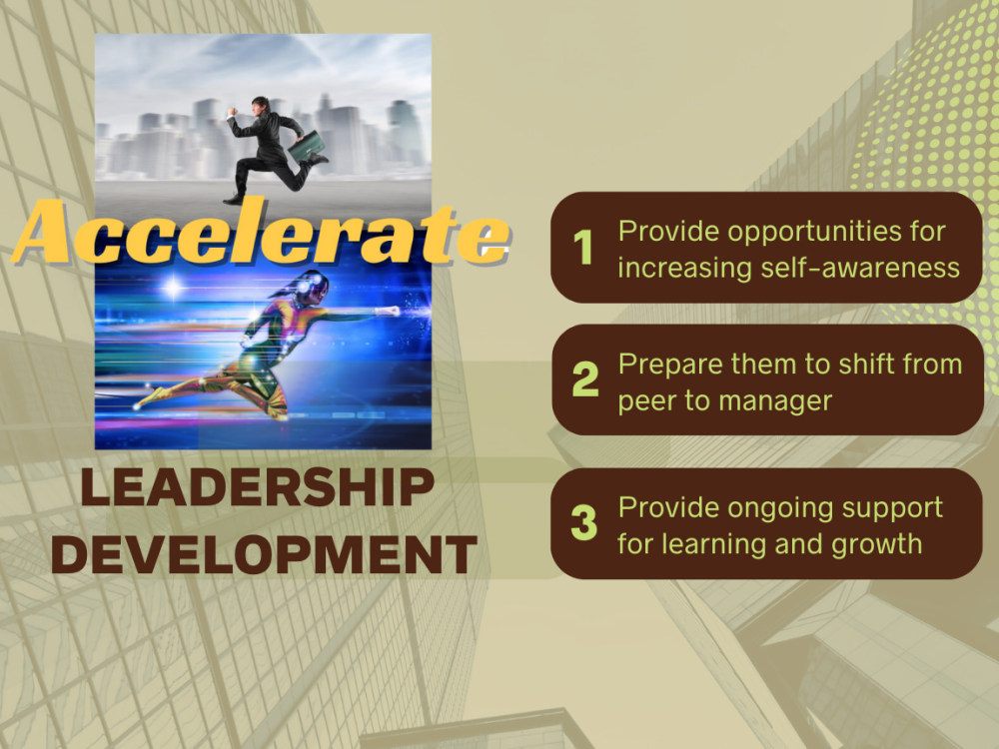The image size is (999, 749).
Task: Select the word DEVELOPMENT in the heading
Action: pyautogui.click(x=264, y=555)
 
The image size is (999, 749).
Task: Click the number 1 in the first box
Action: pyautogui.click(x=583, y=248)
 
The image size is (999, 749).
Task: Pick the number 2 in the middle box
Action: pyautogui.click(x=584, y=379)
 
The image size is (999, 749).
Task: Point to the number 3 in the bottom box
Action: pyautogui.click(x=583, y=523)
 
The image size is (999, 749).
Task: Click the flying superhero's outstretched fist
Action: pyautogui.click(x=393, y=312)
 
